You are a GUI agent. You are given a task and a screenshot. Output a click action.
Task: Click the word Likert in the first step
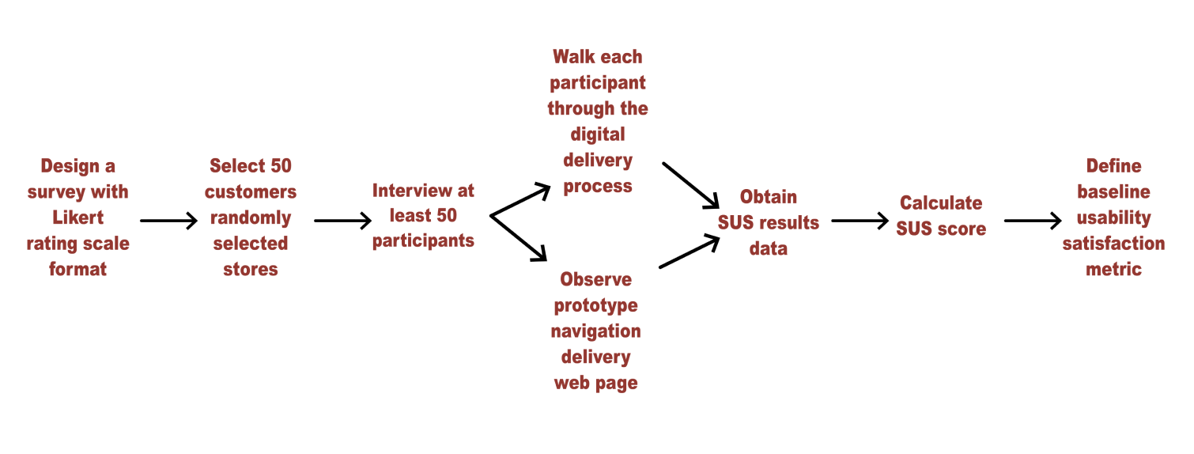pos(77,218)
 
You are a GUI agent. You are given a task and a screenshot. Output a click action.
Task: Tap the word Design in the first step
pos(70,167)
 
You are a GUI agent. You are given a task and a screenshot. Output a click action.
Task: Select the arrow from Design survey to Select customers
pos(168,221)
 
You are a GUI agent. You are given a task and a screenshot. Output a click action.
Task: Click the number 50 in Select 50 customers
pos(281,166)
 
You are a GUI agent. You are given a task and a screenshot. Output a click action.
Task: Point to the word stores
pos(251,270)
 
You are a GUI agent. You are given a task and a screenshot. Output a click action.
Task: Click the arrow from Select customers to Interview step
pos(342,221)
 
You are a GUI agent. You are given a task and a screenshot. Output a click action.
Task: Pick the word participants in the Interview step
pos(423,242)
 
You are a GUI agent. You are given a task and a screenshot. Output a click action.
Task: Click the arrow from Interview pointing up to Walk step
pos(520,200)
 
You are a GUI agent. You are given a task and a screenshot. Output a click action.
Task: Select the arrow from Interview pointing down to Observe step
pos(518,238)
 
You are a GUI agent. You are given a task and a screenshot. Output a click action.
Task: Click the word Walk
pos(574,57)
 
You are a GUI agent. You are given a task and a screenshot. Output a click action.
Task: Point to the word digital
pos(598,135)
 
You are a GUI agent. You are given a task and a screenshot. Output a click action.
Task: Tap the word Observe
pos(596,279)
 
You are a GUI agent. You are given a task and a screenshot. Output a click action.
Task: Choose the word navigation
pos(596,332)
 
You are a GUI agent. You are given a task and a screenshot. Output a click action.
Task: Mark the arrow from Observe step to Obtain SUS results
pos(690,252)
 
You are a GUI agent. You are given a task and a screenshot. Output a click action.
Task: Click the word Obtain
pos(769,197)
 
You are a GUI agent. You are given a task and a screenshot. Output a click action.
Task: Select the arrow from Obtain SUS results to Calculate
pos(860,221)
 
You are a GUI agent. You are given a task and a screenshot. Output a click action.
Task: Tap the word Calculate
pos(941,203)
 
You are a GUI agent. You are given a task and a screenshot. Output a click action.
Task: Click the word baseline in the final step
pos(1114,191)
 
